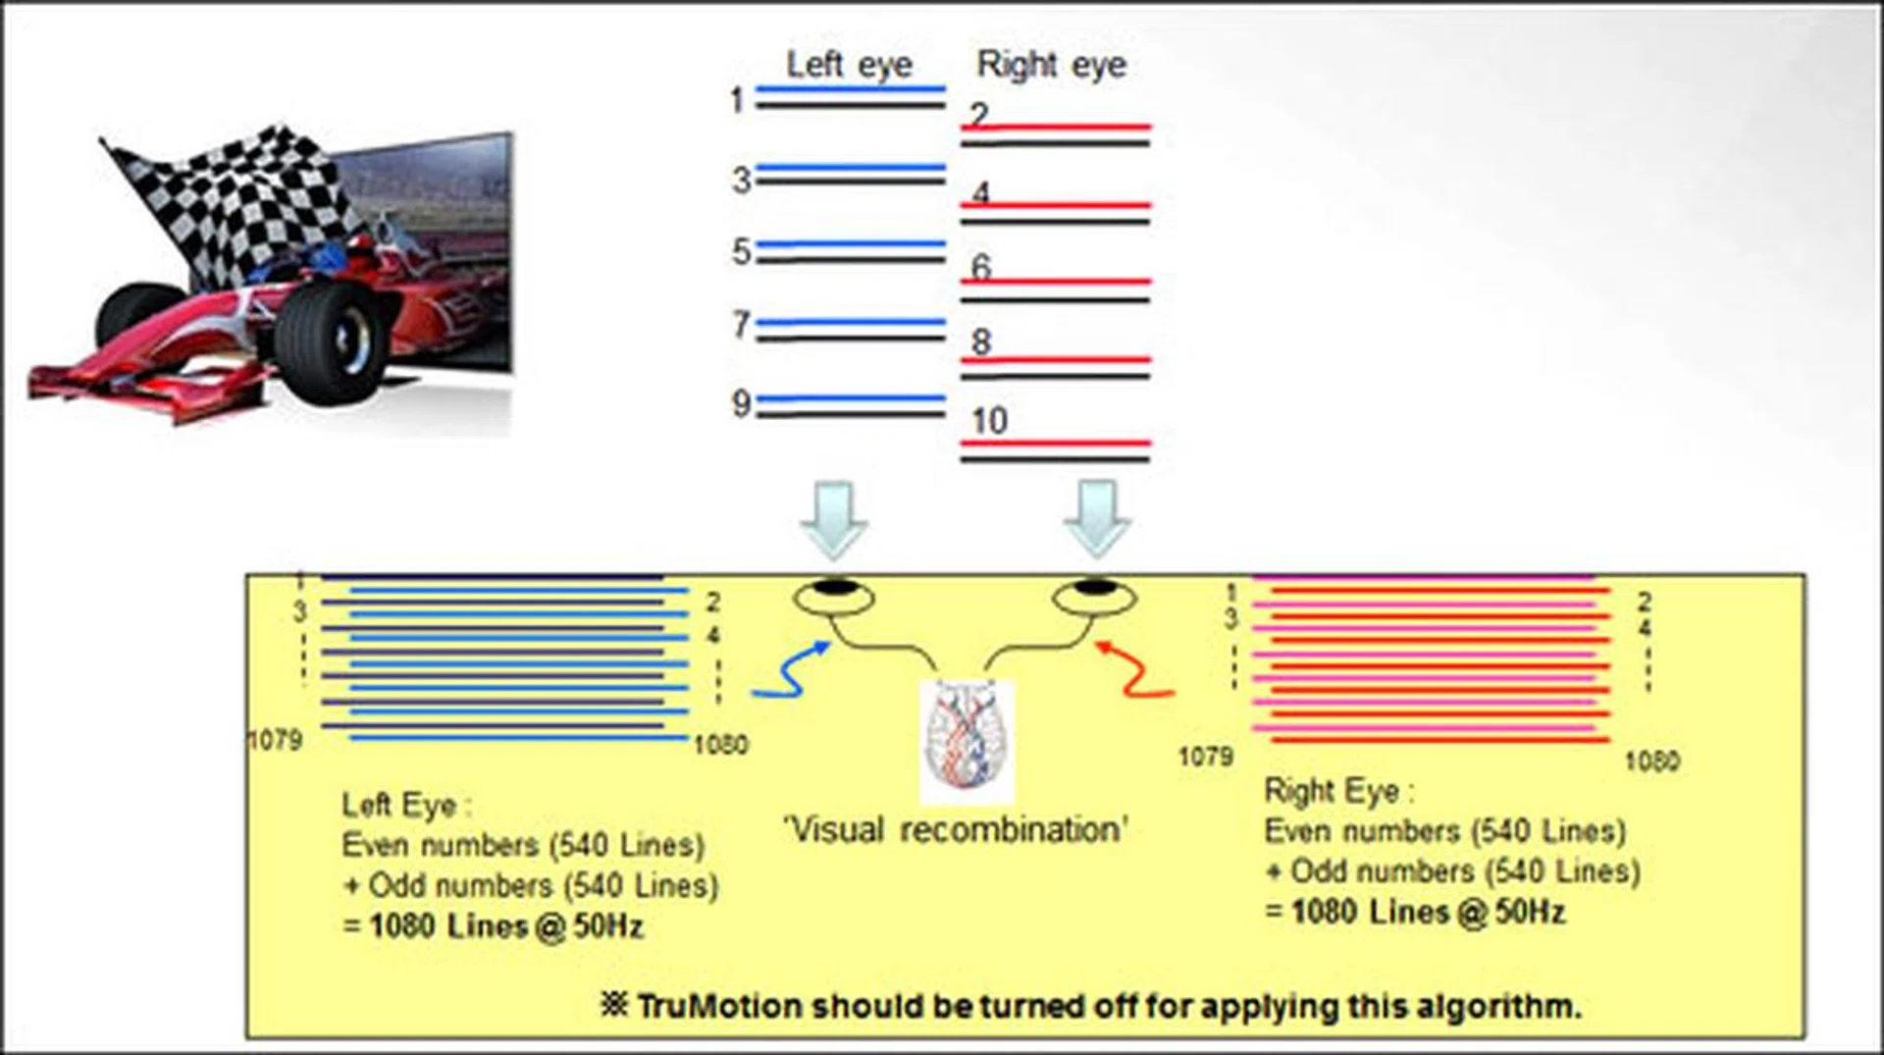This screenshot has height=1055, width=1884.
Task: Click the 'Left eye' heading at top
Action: (x=849, y=65)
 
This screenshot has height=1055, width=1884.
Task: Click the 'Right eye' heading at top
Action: (x=1051, y=65)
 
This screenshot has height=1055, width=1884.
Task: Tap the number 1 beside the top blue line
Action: (x=737, y=100)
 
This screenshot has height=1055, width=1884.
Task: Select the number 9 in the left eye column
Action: (x=741, y=403)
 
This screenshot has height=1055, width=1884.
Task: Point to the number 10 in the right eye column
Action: (x=989, y=421)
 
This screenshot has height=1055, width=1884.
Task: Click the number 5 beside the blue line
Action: (x=741, y=252)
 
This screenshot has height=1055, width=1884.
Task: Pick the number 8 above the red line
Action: (x=981, y=343)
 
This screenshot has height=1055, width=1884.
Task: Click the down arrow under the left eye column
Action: (x=834, y=519)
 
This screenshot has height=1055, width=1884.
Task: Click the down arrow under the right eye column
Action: (x=1096, y=519)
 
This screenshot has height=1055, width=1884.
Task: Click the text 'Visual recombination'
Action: (x=955, y=830)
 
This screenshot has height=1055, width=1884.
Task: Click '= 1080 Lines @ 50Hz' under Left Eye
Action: (x=494, y=926)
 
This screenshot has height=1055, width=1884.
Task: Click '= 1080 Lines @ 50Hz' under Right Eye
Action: (x=1415, y=913)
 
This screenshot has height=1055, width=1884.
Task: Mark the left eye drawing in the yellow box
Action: (x=833, y=596)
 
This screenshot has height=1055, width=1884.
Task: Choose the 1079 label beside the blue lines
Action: (x=275, y=740)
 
